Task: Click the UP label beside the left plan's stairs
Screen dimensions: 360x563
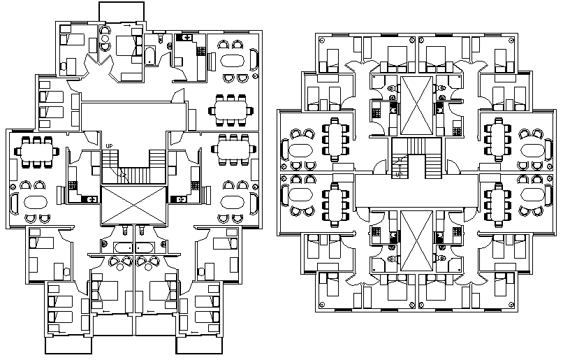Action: click(x=108, y=145)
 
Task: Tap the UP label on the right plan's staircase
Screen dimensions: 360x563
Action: click(x=398, y=174)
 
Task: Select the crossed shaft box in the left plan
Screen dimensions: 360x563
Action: click(x=133, y=204)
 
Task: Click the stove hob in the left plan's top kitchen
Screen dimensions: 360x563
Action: click(x=201, y=51)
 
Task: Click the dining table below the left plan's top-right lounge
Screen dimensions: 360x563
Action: click(x=231, y=109)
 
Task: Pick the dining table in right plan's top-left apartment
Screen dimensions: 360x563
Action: click(x=336, y=138)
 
